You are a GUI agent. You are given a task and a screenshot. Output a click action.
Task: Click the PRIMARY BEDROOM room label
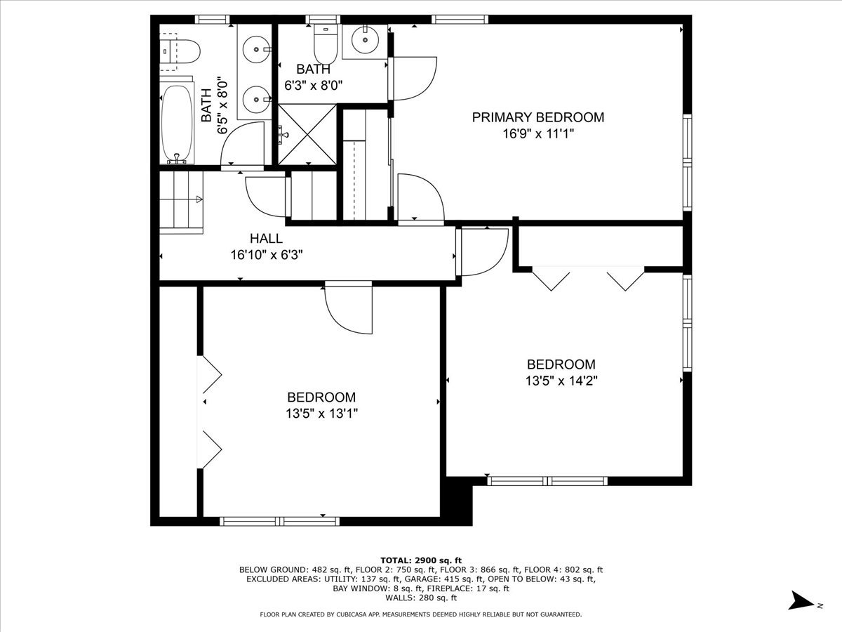(x=537, y=117)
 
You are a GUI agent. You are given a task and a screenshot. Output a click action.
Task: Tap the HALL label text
(x=266, y=238)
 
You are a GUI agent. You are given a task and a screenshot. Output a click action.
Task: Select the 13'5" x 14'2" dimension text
(x=561, y=381)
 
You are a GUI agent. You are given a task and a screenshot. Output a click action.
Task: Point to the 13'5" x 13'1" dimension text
(x=321, y=414)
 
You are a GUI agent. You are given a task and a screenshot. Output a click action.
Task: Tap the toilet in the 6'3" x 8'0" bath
(x=326, y=44)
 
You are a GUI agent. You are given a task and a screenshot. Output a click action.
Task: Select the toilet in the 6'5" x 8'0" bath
(x=180, y=51)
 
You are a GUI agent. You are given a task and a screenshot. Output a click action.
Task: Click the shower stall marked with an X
(x=307, y=134)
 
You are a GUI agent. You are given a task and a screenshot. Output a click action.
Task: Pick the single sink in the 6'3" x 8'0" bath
(x=365, y=40)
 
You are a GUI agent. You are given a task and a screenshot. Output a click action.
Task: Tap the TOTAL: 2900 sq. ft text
(x=421, y=560)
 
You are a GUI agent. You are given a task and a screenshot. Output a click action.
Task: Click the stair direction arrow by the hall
(x=199, y=199)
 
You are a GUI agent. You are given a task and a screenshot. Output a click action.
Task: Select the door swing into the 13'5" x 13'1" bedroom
(x=348, y=309)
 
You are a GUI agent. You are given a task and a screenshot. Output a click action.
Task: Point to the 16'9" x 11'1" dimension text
(x=538, y=134)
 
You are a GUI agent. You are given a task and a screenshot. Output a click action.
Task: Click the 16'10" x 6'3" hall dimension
(x=267, y=255)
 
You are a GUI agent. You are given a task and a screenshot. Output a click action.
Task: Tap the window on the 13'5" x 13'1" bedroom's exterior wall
(x=280, y=521)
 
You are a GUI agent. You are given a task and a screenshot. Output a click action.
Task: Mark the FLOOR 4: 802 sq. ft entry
(x=563, y=570)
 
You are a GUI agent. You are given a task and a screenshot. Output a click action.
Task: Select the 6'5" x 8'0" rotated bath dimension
(x=222, y=107)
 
